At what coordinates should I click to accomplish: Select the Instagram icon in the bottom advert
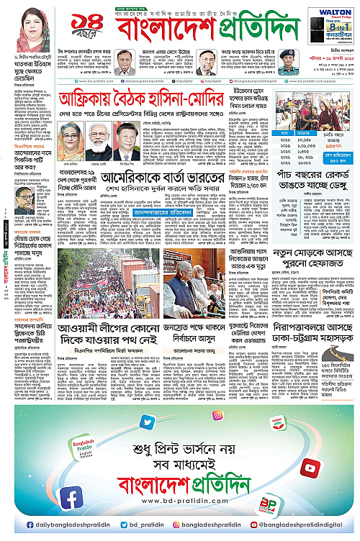click(217, 415)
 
